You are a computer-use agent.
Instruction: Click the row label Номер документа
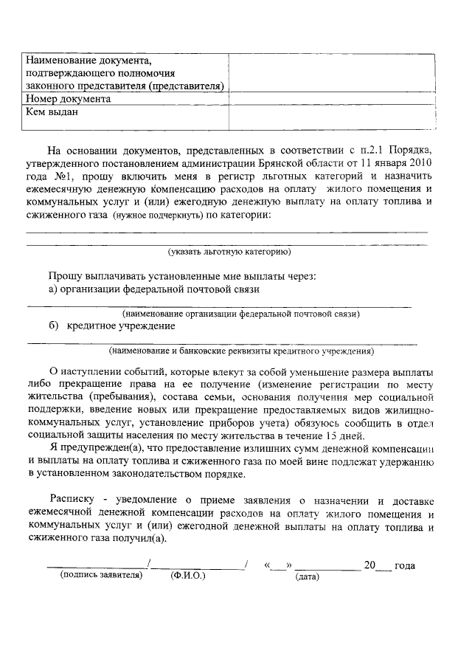[x=68, y=99]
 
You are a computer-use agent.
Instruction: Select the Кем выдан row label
[x=52, y=113]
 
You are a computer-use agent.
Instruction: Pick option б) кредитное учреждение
[x=112, y=326]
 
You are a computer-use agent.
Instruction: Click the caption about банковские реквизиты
[x=240, y=351]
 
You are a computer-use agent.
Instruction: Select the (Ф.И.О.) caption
[x=187, y=574]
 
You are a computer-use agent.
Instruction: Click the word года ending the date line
[x=405, y=565]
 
